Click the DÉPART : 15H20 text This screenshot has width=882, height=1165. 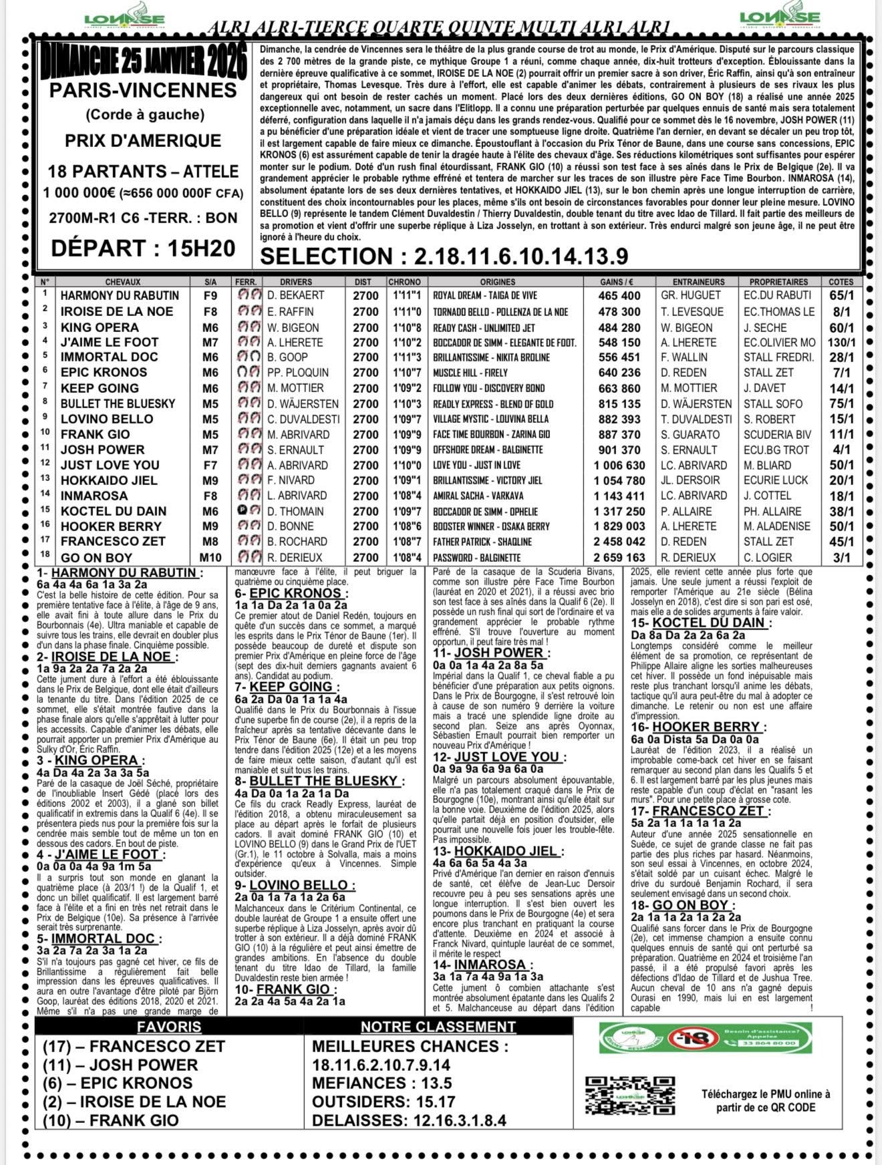point(143,248)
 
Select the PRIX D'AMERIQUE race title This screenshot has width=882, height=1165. point(143,140)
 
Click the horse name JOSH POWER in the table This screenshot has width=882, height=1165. point(102,450)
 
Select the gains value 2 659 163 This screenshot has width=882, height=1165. point(619,557)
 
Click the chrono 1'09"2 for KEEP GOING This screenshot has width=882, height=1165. point(404,388)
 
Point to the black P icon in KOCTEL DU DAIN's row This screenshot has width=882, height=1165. point(240,510)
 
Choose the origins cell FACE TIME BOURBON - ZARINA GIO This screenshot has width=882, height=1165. point(491,434)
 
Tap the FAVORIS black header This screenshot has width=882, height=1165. point(168,1027)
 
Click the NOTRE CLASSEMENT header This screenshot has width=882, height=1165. point(438,1027)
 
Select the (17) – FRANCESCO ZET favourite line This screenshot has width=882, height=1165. point(134,1047)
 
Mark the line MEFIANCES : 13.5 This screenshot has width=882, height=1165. point(382,1084)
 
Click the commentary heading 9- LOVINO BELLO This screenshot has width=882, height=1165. point(295,886)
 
